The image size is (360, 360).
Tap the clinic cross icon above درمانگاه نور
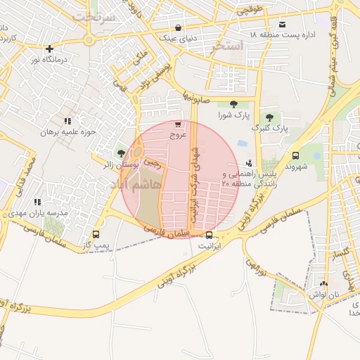(x=49, y=49)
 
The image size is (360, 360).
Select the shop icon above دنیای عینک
(x=178, y=28)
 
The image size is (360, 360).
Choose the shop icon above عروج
(x=177, y=124)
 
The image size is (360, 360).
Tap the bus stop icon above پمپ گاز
(x=96, y=234)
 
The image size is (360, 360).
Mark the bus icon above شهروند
(x=295, y=156)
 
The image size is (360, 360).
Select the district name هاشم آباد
(x=136, y=184)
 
